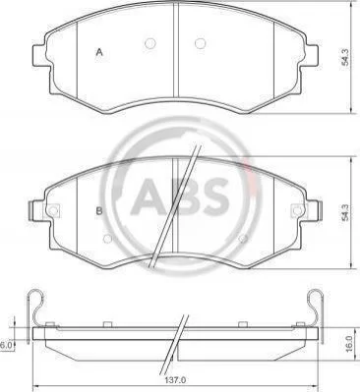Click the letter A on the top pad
tap(99, 52)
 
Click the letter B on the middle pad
tap(99, 211)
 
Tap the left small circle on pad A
tap(150, 43)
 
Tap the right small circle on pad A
tap(200, 43)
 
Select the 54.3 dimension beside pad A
tap(346, 57)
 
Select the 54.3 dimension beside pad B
tap(346, 212)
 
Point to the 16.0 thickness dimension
tap(349, 343)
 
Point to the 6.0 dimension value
tap(6, 345)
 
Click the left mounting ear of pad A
tap(41, 55)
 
